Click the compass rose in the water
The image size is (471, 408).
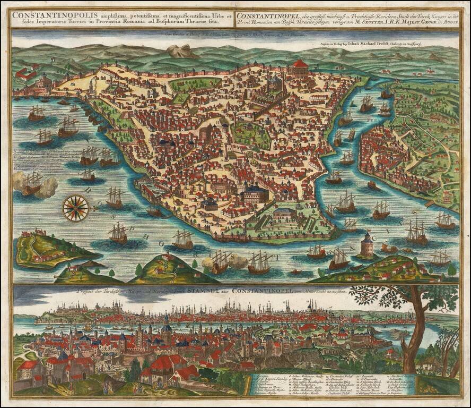click(76, 207)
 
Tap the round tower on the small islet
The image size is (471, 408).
click(367, 246)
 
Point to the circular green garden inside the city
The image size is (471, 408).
click(251, 136)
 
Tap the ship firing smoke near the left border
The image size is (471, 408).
click(32, 183)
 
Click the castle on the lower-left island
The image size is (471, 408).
click(40, 233)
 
